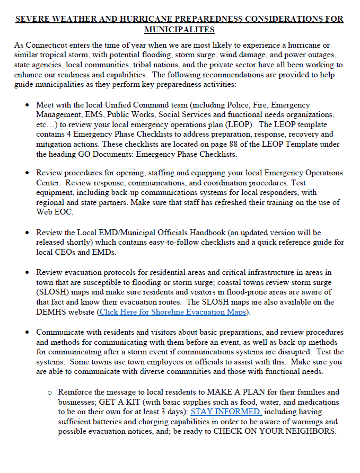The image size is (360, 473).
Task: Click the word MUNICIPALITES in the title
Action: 179,29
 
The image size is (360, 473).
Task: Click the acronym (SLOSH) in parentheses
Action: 52,292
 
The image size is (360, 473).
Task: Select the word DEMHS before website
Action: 54,312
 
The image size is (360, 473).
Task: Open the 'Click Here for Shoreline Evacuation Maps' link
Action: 173,312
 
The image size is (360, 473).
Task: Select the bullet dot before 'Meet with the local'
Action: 27,105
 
